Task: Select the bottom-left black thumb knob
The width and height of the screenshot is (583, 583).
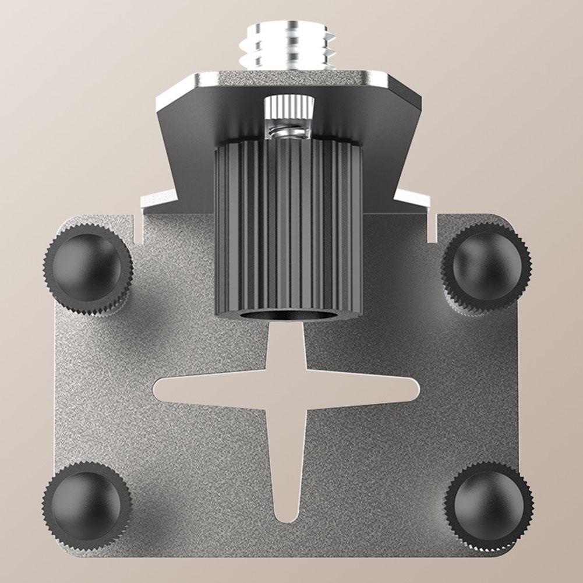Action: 87,504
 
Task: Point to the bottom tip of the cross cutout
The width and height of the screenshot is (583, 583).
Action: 286,515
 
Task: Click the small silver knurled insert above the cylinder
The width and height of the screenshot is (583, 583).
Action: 289,107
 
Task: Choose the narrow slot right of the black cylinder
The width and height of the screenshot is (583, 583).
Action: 432,227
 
